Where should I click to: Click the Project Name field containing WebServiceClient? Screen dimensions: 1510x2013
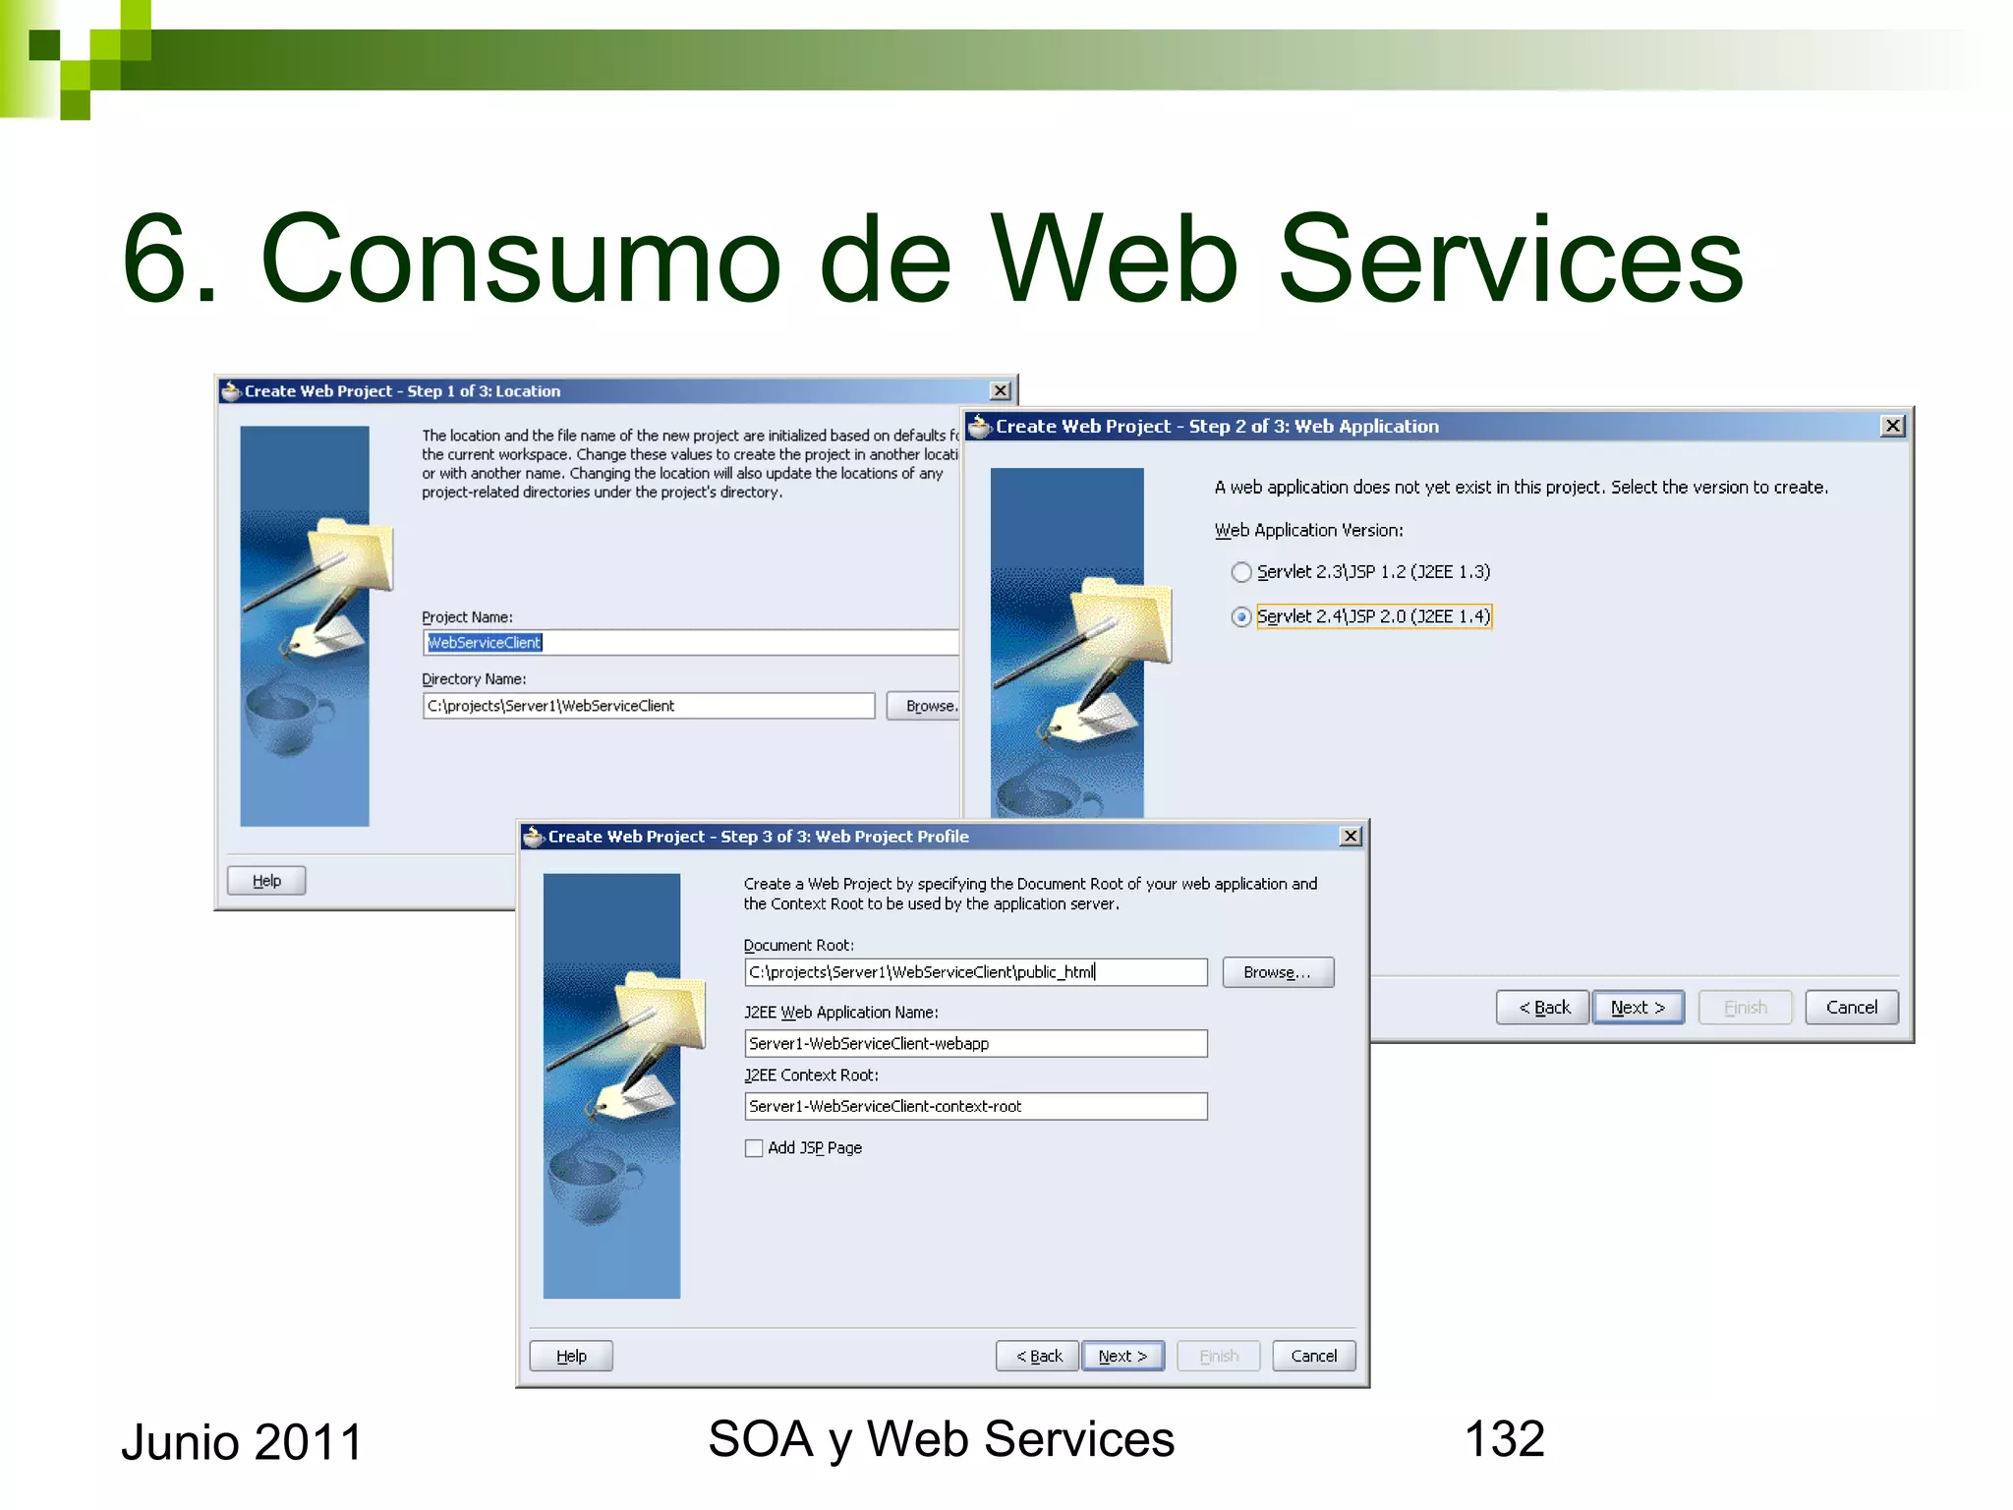tap(688, 643)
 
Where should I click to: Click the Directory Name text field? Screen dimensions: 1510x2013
tap(649, 706)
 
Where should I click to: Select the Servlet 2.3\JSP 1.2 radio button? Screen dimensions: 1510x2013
tap(1241, 572)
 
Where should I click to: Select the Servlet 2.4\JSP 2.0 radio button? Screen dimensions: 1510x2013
tap(1241, 617)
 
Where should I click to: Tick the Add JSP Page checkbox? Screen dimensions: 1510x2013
tap(754, 1148)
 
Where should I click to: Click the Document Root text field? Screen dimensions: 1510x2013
tap(975, 972)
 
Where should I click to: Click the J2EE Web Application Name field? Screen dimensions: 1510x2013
tap(975, 1044)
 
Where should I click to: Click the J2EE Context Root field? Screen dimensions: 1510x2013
tap(975, 1107)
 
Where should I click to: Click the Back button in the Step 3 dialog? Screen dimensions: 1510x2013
tap(1038, 1357)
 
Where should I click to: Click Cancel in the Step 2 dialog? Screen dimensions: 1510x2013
tap(1851, 1008)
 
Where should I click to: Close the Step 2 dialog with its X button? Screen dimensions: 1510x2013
tap(1892, 427)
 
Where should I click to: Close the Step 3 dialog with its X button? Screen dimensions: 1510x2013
tap(1351, 837)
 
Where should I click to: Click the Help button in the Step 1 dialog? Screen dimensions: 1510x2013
tap(266, 881)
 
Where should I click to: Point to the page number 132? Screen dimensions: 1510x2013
tap(1504, 1439)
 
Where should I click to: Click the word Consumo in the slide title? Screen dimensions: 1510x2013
tap(521, 260)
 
